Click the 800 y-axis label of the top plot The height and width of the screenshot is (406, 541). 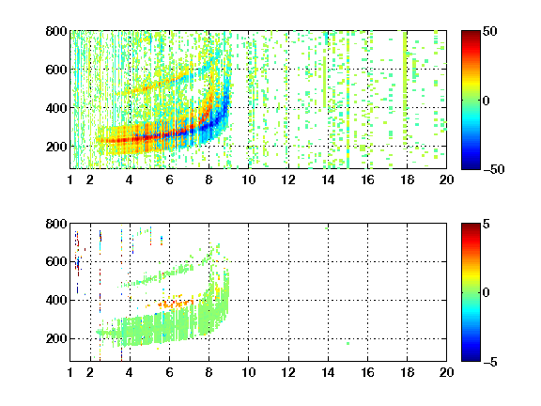pos(56,31)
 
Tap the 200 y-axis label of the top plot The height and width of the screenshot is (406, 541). pos(56,147)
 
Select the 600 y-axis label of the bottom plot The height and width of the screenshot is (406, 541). pos(56,261)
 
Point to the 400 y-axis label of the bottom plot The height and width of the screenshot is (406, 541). pos(56,300)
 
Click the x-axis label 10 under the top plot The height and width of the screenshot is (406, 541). pos(248,180)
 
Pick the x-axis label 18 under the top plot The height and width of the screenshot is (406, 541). pos(407,180)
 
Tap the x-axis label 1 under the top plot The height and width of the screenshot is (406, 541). pos(70,180)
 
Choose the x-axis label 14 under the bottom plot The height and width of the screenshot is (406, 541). pos(328,372)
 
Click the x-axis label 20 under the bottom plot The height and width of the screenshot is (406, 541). pos(446,372)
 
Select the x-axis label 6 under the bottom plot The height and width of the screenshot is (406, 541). pos(169,372)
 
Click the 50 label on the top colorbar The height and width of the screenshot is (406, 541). pos(489,31)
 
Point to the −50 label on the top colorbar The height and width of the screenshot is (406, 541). pos(493,169)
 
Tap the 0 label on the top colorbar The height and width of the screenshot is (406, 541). pos(486,101)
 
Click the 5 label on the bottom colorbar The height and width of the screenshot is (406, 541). pos(487,224)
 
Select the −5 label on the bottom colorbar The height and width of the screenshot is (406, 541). pos(490,362)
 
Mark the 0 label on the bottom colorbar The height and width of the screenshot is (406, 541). pos(486,293)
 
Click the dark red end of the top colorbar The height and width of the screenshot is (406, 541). pos(471,34)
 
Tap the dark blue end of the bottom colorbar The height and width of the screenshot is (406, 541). pos(471,358)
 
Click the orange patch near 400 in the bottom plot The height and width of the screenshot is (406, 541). pos(176,304)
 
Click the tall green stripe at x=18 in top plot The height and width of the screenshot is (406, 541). pos(405,70)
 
